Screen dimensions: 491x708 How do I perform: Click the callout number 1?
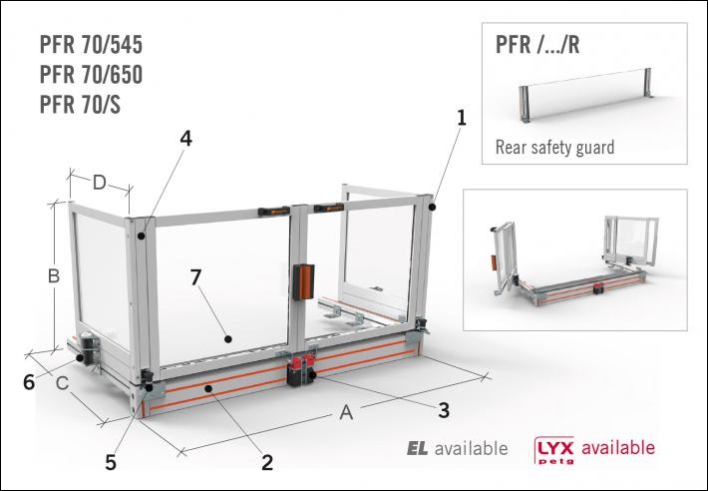pyautogui.click(x=462, y=117)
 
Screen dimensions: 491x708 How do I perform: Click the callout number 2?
pyautogui.click(x=267, y=461)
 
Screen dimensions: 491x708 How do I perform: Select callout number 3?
pyautogui.click(x=444, y=408)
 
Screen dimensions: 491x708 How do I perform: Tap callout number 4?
pyautogui.click(x=185, y=139)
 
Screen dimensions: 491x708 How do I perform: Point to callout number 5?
pyautogui.click(x=111, y=462)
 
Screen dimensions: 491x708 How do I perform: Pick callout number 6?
pyautogui.click(x=30, y=380)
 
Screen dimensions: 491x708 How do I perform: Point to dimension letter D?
pyautogui.click(x=100, y=183)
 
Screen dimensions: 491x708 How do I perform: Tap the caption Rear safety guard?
pyautogui.click(x=554, y=148)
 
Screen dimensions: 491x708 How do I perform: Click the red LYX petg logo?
pyautogui.click(x=553, y=448)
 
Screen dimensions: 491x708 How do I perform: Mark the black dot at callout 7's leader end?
pyautogui.click(x=228, y=338)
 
